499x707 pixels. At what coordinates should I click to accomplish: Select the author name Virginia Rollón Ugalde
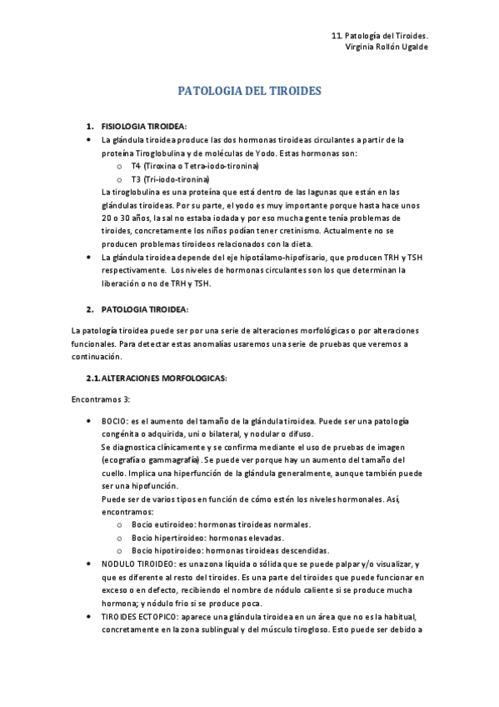[x=387, y=48]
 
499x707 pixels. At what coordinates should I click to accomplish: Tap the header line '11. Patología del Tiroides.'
[x=379, y=36]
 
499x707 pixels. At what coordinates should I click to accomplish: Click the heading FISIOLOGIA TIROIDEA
[x=143, y=126]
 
